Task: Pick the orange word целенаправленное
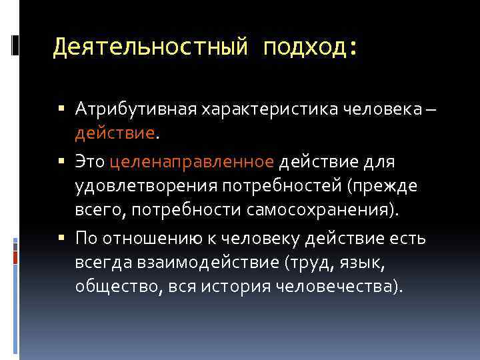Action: (x=191, y=161)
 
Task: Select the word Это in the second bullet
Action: (x=90, y=161)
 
